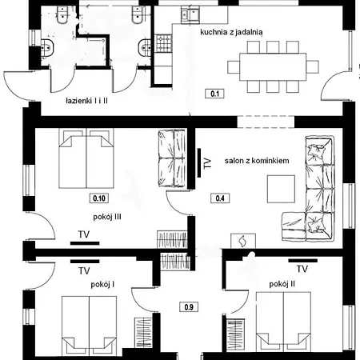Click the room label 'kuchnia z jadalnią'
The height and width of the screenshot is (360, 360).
(231, 33)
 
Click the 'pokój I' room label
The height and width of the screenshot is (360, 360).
(102, 284)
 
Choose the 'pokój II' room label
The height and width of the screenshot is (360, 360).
(283, 284)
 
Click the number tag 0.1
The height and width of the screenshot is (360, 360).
(215, 94)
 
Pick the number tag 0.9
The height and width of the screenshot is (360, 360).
(188, 306)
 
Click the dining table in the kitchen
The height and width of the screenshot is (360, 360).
(272, 64)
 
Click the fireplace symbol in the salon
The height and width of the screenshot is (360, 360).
(243, 239)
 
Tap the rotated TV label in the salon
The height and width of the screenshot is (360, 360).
(207, 166)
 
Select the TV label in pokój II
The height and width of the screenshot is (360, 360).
(302, 268)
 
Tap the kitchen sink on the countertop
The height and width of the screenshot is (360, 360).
(190, 14)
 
